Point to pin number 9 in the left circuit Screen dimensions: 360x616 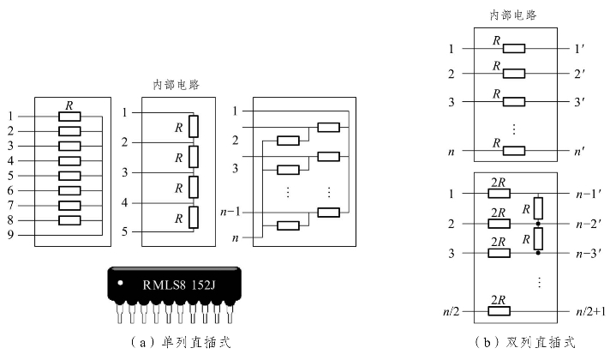click(x=10, y=234)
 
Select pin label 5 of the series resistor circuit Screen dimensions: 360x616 click(x=125, y=231)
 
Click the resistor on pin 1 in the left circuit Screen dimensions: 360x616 click(x=69, y=117)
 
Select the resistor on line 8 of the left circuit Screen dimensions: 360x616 click(x=69, y=219)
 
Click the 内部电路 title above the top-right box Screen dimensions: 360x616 click(x=513, y=15)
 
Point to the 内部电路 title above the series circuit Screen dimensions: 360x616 click(x=176, y=85)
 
